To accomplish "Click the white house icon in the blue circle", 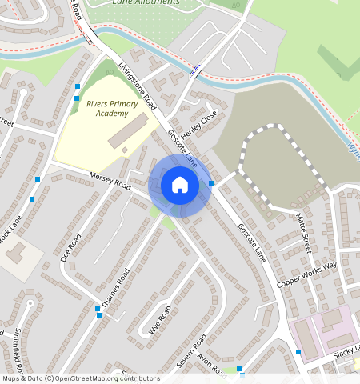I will point(180,186).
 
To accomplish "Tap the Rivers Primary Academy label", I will point(112,109).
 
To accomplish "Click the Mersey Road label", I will point(110,179).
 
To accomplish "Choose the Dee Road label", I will point(71,249).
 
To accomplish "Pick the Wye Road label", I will point(160,318).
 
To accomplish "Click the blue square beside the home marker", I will point(211,183).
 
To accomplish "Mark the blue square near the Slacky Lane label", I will point(298,352).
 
